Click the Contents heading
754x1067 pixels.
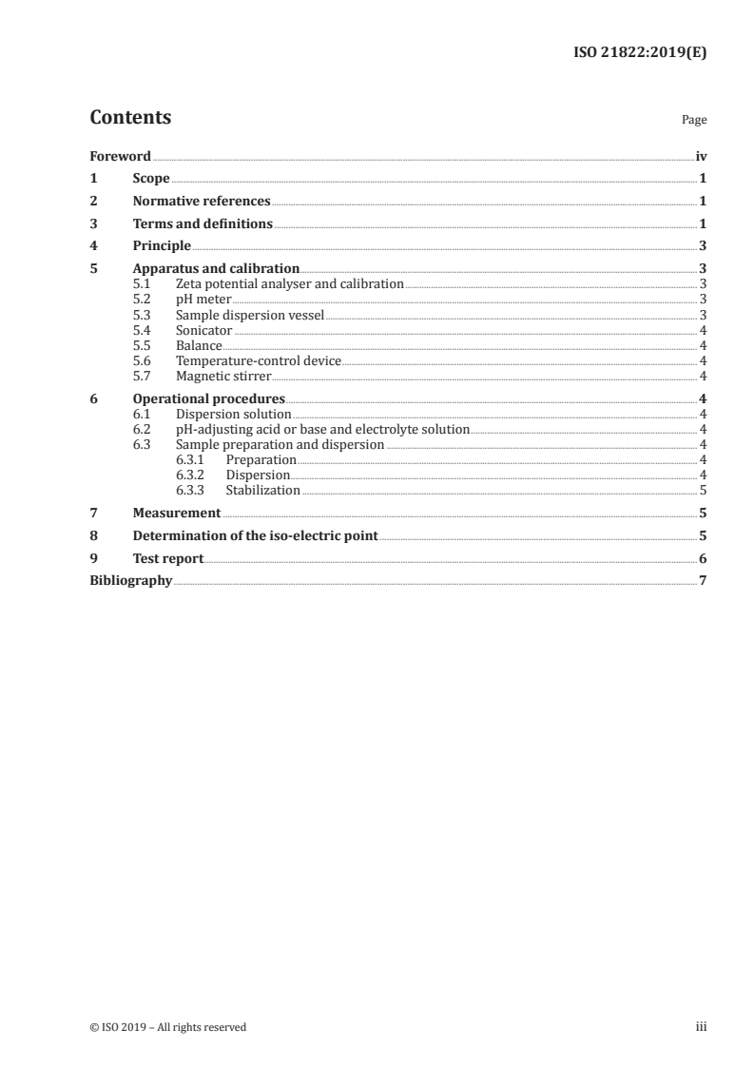[130, 118]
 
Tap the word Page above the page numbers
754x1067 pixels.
[694, 121]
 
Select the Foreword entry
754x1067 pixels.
[120, 156]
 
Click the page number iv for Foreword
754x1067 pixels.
[701, 156]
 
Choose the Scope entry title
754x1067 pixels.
[151, 179]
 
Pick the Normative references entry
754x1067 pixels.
[202, 202]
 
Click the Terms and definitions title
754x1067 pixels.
[203, 224]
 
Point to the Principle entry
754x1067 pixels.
[162, 246]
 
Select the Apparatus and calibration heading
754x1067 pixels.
[216, 269]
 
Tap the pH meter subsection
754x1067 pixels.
[203, 300]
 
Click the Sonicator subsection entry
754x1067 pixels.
[203, 331]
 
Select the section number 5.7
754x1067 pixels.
[143, 377]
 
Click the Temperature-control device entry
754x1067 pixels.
[258, 361]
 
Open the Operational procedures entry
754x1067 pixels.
[208, 399]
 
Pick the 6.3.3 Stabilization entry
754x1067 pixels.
[262, 491]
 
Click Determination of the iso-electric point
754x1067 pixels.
[255, 536]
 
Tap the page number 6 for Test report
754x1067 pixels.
[702, 559]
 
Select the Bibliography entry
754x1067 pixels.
[130, 581]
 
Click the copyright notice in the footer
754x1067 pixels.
[167, 1027]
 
